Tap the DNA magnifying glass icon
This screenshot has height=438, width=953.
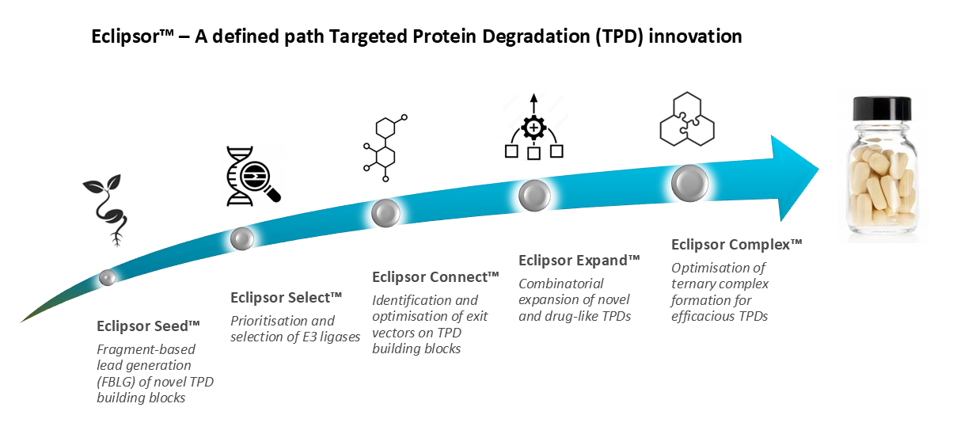tap(253, 176)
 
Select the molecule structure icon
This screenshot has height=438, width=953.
tap(385, 147)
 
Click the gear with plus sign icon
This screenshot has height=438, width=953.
tap(534, 127)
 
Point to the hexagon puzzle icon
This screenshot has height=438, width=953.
tap(687, 119)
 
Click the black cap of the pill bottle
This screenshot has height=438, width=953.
tap(883, 109)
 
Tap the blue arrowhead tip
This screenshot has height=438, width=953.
tap(818, 169)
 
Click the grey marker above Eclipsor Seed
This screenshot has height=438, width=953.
tap(107, 277)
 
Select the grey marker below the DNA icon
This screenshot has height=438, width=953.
tap(242, 238)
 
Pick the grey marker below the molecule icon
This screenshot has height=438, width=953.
tap(385, 213)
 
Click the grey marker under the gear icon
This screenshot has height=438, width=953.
tap(534, 196)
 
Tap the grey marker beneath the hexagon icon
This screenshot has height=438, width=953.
tap(689, 183)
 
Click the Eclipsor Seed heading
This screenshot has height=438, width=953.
tap(149, 326)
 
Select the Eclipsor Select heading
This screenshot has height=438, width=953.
tap(287, 298)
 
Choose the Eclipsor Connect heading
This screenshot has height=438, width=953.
tap(435, 277)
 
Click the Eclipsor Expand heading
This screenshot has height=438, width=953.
tap(579, 261)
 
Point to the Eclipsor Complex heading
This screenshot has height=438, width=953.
tap(737, 245)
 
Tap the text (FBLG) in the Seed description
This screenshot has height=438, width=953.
tap(116, 382)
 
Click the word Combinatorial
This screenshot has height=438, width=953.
tap(560, 284)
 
